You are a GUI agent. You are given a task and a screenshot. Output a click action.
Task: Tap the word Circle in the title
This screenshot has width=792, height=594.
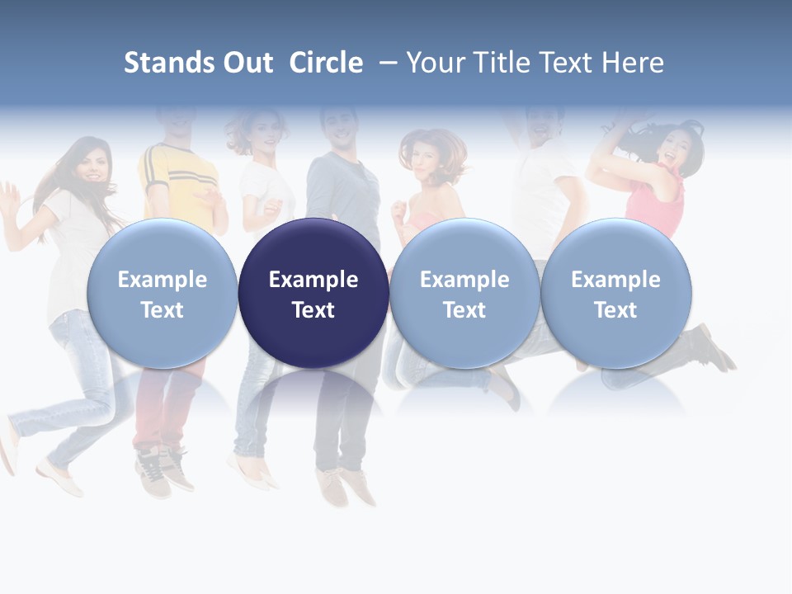[326, 63]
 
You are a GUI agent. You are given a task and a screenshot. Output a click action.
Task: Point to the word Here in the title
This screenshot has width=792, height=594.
[633, 63]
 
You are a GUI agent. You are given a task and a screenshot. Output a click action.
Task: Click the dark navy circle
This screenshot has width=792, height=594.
[313, 293]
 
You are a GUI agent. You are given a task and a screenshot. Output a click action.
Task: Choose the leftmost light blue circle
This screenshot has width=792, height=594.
[163, 293]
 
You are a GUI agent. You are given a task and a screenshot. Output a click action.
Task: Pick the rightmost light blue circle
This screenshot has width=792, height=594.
[616, 293]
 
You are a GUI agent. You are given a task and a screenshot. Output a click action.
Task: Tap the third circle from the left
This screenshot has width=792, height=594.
[464, 293]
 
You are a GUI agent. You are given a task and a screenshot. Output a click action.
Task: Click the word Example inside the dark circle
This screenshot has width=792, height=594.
[313, 280]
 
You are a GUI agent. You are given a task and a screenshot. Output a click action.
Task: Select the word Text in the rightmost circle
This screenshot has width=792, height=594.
[616, 310]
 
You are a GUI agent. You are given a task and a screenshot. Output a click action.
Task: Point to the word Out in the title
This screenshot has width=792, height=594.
[247, 63]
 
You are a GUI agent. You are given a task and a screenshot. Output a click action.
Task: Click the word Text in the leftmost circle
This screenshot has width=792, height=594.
[163, 310]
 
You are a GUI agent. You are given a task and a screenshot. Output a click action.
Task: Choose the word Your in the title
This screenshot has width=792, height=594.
[434, 63]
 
